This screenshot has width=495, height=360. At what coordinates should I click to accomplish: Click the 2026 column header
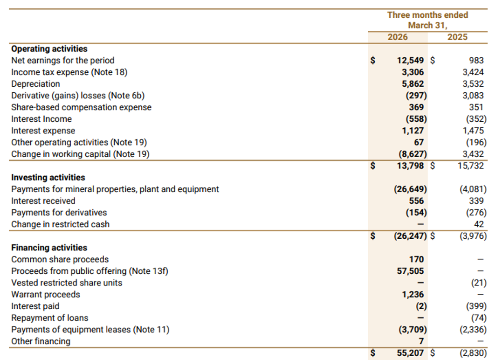click(398, 37)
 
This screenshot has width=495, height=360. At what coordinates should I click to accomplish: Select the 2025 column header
click(457, 37)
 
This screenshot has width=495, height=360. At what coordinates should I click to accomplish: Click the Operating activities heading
click(49, 48)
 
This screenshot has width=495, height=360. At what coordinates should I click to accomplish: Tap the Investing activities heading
click(48, 178)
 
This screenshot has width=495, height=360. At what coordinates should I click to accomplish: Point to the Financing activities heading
click(49, 248)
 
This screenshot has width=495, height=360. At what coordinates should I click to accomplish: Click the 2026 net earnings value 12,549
click(410, 60)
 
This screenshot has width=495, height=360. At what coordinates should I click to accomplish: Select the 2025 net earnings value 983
click(476, 60)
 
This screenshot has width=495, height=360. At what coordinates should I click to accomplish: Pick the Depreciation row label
click(36, 83)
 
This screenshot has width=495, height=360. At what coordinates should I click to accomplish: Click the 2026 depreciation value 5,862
click(412, 83)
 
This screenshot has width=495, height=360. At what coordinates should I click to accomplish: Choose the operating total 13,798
click(410, 166)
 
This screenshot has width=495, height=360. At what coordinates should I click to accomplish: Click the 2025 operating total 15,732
click(471, 166)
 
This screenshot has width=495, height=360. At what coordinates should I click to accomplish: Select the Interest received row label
click(43, 201)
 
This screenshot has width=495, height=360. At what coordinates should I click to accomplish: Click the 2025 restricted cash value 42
click(479, 224)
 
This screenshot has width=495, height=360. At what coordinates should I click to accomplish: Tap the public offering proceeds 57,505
click(410, 271)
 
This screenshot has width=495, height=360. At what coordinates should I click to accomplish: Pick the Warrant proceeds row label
click(46, 294)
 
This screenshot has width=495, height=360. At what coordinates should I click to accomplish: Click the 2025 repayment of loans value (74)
click(479, 318)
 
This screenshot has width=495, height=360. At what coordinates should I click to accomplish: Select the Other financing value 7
click(421, 341)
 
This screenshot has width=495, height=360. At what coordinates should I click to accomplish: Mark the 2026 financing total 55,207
click(410, 353)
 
